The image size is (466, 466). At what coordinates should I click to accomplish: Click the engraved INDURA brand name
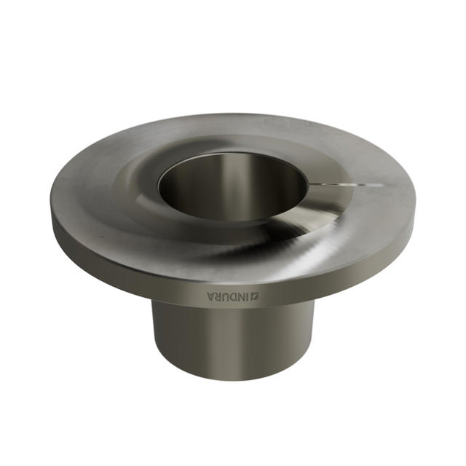[233, 296]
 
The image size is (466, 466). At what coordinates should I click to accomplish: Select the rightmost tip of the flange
[416, 204]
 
